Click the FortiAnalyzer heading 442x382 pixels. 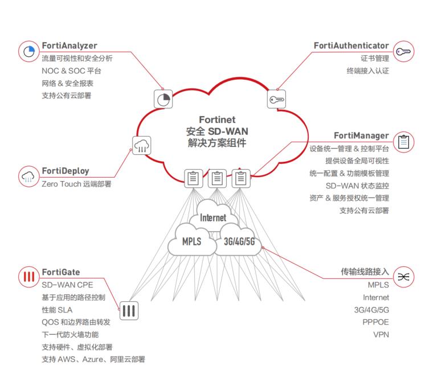pos(69,46)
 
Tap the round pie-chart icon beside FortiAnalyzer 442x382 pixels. pos(28,52)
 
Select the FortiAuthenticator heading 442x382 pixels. pos(351,46)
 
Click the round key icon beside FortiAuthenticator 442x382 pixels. pos(403,51)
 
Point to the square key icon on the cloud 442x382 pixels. pos(277,100)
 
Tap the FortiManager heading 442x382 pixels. pos(361,136)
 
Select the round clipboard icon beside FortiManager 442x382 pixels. pos(403,142)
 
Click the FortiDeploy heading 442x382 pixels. pos(65,171)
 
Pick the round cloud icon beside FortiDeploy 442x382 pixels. pos(28,176)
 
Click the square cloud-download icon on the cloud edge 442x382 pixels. pos(142,146)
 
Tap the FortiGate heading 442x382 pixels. pos(60,272)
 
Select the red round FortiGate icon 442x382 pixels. pos(28,277)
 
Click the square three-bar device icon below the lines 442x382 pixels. pos(129,310)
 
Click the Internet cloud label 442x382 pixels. pos(213,218)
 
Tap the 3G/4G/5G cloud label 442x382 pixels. pos(240,241)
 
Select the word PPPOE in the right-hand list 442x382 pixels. pos(376,322)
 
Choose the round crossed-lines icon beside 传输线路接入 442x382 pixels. pos(403,277)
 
